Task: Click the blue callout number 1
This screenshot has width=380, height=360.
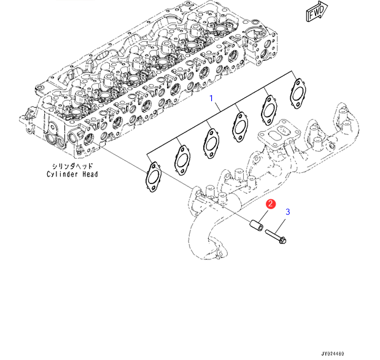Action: click(212, 98)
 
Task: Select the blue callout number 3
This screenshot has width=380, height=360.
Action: click(287, 212)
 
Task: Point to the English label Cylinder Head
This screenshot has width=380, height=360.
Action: click(72, 174)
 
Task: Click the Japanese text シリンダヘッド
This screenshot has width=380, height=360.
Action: click(72, 166)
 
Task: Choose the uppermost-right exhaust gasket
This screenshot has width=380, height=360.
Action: click(298, 87)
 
